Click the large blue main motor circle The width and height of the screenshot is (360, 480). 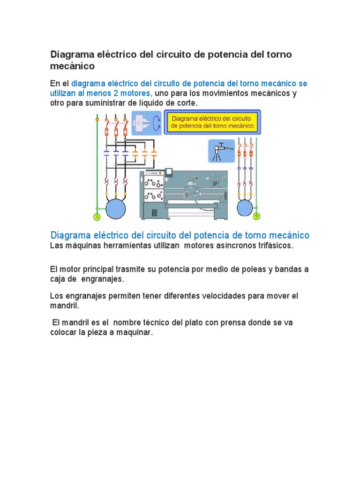click(x=115, y=208)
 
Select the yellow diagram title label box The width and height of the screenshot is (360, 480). click(x=212, y=122)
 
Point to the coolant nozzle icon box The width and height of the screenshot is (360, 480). click(x=221, y=151)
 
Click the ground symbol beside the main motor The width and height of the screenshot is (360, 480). click(x=97, y=217)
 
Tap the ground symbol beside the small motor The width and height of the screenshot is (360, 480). click(x=256, y=216)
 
